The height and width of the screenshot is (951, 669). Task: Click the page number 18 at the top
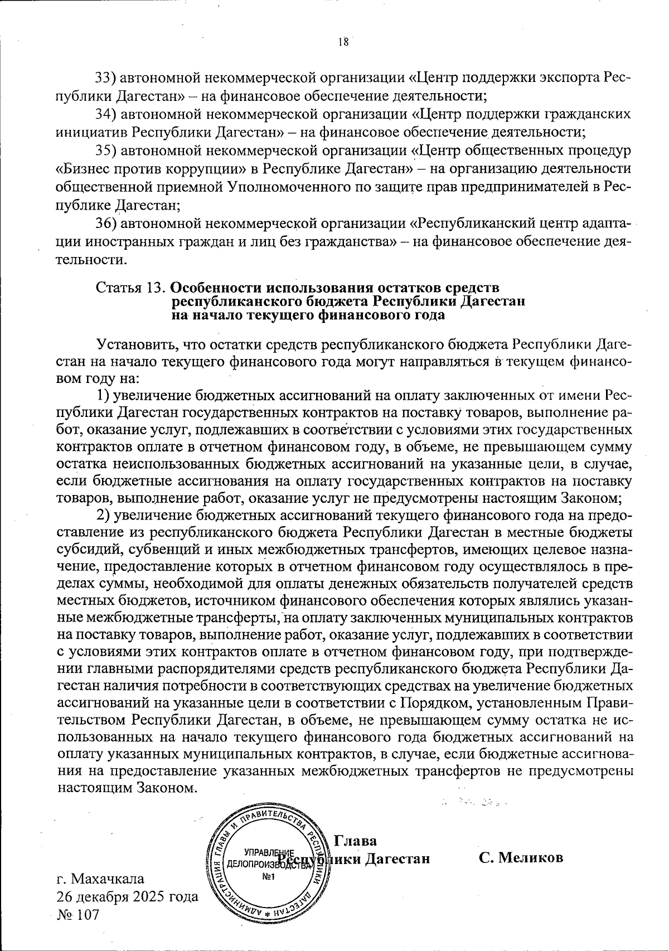[x=343, y=42]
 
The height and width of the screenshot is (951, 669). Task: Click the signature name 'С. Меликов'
[x=521, y=858]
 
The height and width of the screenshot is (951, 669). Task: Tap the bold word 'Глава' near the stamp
[x=355, y=841]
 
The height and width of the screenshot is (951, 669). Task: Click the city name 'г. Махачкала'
[x=100, y=879]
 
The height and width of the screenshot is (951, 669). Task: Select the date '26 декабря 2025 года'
[x=127, y=897]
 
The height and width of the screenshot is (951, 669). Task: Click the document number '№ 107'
[x=77, y=915]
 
